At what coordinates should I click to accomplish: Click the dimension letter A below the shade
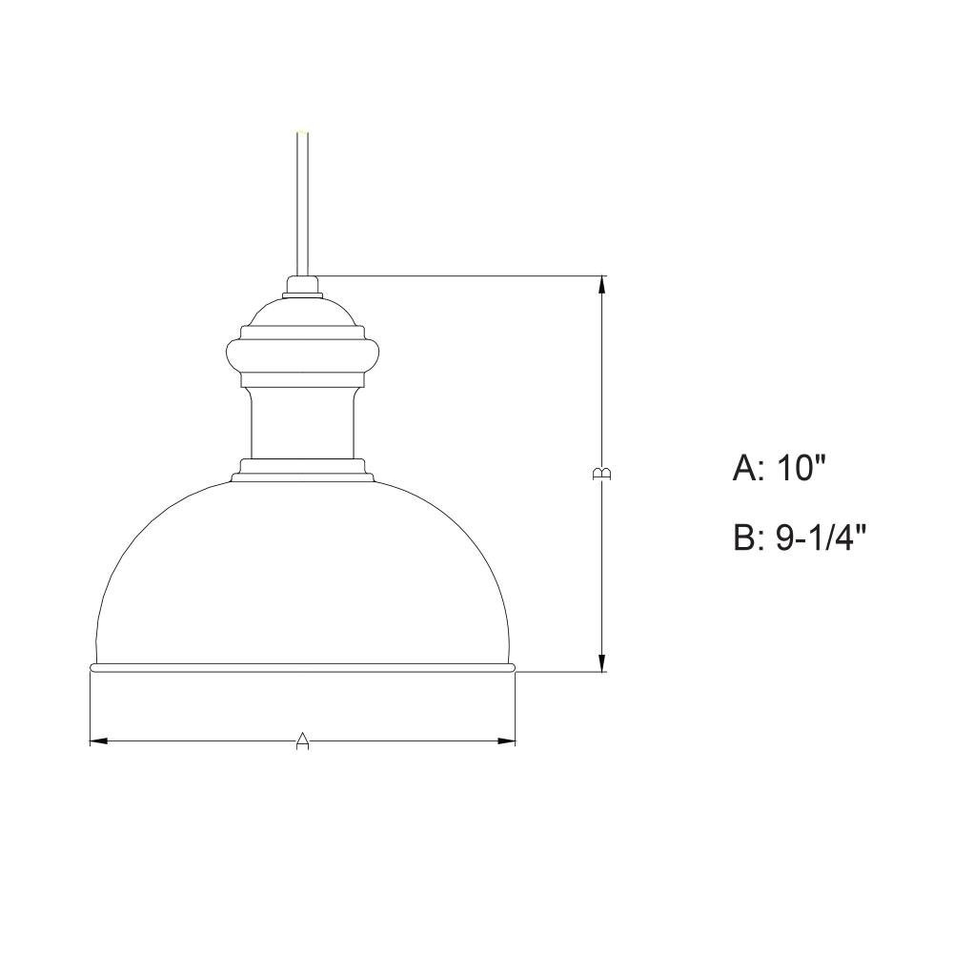tap(303, 740)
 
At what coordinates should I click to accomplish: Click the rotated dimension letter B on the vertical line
tap(601, 474)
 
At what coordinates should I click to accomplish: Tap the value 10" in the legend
tap(802, 469)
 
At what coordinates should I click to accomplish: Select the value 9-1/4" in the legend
tap(821, 537)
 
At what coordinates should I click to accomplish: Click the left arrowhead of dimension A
tap(99, 740)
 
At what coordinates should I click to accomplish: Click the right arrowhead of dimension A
tap(506, 740)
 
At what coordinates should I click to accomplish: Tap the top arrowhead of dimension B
tap(602, 285)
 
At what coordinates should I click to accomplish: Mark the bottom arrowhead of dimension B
tap(602, 662)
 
